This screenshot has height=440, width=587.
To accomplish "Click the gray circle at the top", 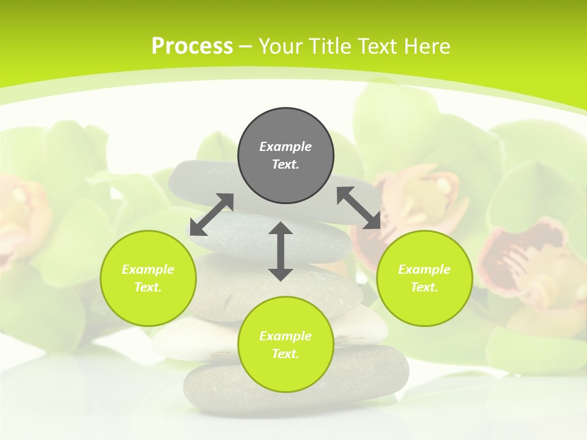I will (x=286, y=156).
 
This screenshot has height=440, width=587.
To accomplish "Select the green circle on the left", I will (x=148, y=278).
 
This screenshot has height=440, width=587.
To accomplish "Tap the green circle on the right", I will (x=424, y=278).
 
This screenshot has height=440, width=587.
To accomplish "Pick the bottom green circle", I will (x=286, y=345).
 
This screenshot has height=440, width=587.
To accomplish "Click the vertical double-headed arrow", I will (x=281, y=251).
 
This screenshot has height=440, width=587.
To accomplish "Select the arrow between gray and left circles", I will (x=212, y=215).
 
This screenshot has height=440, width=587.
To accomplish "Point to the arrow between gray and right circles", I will (x=359, y=208).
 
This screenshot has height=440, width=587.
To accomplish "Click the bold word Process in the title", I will (x=192, y=46).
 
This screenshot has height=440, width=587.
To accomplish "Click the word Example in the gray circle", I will (x=286, y=147).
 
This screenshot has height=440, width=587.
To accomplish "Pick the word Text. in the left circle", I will (x=148, y=287).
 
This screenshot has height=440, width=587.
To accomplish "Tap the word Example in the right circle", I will (x=424, y=269).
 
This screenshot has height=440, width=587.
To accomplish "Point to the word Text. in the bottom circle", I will (x=286, y=354).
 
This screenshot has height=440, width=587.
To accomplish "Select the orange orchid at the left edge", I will (x=18, y=214).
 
